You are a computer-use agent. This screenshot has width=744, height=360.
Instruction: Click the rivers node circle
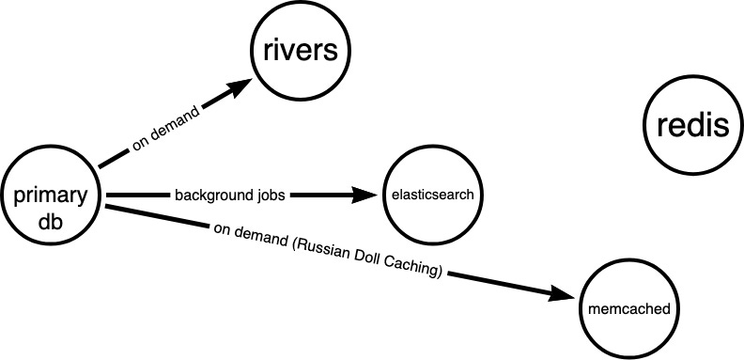pos(298,53)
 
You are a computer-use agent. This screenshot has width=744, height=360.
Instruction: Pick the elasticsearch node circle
pos(432,196)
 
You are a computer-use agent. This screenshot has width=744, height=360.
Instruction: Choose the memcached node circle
pos(626,307)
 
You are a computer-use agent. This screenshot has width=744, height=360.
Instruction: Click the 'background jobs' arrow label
pos(229,196)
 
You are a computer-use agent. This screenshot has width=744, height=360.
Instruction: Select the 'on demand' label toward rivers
pos(165,131)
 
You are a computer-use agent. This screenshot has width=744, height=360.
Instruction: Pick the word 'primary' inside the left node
pos(51,196)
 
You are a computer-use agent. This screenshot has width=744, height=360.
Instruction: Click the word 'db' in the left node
pos(51,219)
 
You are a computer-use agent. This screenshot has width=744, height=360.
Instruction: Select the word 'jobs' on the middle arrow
pos(268,196)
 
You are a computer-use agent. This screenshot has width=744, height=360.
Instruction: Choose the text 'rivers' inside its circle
pos(298,51)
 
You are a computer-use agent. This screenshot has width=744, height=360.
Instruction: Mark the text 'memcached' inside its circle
pos(626,307)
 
